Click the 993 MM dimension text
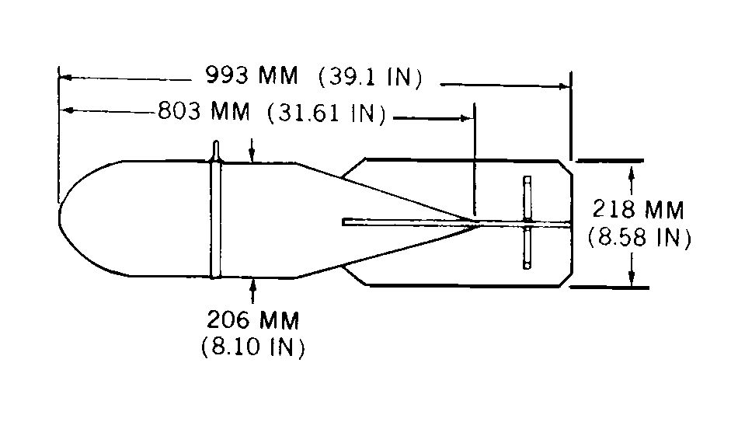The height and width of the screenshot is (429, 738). pos(252,75)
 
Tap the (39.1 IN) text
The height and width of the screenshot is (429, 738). pos(371,77)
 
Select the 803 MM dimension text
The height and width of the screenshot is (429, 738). pos(204,111)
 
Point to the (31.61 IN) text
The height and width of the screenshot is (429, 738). pos(326,113)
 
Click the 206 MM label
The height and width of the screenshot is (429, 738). pos(253,321)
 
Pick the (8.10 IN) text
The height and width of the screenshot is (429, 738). pos(253,347)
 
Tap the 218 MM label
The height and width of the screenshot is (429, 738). pos(638,210)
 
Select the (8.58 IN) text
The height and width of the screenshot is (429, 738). pos(639,238)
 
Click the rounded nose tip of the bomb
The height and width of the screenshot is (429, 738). pos(59,218)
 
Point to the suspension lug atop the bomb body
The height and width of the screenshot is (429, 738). pos(216,151)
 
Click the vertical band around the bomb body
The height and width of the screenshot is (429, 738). pos(215,219)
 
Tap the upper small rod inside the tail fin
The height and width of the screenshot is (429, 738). pos(527,197)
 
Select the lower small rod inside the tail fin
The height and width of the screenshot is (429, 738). pos(527,248)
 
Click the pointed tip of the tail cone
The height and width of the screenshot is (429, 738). pos(479,223)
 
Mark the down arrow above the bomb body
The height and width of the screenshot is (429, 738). pos(252,150)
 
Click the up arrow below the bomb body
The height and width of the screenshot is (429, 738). pos(253,291)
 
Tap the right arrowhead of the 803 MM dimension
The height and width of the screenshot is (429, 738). pos(465,118)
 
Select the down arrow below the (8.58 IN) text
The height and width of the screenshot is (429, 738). pos(632,269)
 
